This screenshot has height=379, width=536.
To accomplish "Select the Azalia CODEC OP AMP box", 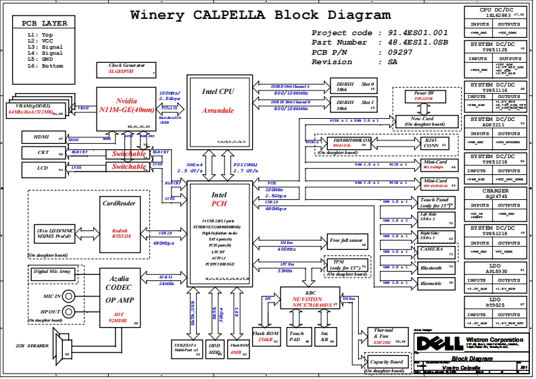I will coord(118,298).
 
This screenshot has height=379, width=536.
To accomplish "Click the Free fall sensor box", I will coord(346,241).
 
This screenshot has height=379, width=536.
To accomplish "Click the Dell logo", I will coord(432,342).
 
